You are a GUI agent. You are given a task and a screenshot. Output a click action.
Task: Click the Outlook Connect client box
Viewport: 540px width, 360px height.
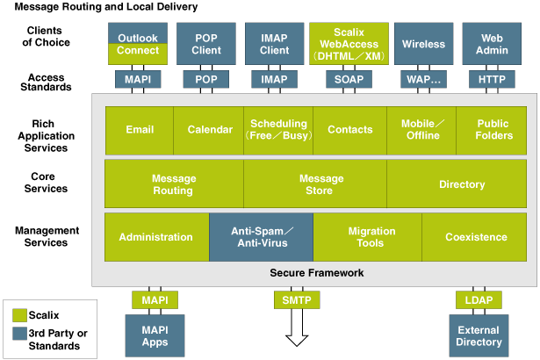[x=137, y=44]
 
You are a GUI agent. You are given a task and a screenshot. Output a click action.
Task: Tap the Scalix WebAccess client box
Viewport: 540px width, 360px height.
[x=343, y=44]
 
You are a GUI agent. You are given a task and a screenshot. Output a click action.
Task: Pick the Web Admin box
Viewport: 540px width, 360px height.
[x=492, y=44]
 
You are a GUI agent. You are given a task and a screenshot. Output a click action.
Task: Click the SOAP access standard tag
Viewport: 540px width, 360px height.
[x=343, y=79]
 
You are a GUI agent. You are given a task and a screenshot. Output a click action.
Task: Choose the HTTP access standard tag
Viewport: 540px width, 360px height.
[x=492, y=79]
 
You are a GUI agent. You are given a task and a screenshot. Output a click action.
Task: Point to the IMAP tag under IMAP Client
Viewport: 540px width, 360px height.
[x=274, y=79]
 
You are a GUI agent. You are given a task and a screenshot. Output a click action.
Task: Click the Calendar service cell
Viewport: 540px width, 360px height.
[x=210, y=130]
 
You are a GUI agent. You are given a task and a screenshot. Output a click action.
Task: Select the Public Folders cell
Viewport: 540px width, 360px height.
[x=495, y=130]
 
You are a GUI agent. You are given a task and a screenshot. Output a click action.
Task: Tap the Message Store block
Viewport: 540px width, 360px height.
[x=316, y=184]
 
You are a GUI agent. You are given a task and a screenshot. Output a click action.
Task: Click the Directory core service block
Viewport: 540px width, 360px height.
[x=461, y=184]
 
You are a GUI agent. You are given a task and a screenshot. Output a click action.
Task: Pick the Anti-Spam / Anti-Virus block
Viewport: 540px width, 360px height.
[x=261, y=237]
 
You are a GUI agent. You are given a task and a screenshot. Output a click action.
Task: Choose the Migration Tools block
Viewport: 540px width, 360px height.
[x=367, y=237]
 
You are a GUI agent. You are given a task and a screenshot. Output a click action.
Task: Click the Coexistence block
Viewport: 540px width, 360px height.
[x=476, y=237]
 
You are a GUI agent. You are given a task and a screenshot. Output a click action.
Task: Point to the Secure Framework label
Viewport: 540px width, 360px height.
[x=316, y=273]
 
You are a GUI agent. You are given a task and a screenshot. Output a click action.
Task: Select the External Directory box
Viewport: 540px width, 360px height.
[x=479, y=336]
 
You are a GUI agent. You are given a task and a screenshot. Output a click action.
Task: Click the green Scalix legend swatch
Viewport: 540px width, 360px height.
[x=20, y=314]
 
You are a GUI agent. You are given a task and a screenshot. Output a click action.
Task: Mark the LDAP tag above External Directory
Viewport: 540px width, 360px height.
[x=479, y=300]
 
